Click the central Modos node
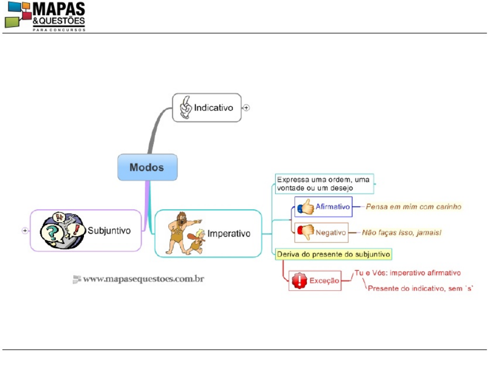(147, 167)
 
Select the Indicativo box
(207, 108)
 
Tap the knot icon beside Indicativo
(186, 108)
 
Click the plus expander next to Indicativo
(246, 108)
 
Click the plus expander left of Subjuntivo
(25, 230)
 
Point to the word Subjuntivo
(109, 230)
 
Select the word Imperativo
(229, 234)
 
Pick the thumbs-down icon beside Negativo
(306, 232)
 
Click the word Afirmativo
(333, 207)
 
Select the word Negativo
(331, 233)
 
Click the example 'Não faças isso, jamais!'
(401, 233)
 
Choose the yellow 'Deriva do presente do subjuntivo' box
(334, 254)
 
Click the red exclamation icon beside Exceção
(300, 281)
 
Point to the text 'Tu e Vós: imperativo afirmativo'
(407, 273)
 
